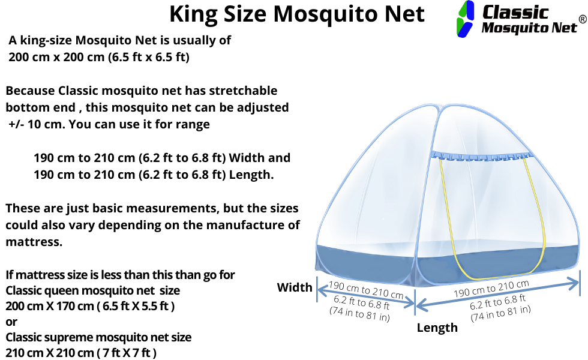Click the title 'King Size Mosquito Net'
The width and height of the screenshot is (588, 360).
pyautogui.click(x=296, y=14)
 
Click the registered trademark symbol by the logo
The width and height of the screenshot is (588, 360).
pyautogui.click(x=581, y=19)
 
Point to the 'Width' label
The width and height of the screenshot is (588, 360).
pyautogui.click(x=294, y=287)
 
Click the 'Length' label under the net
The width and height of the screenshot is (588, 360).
pyautogui.click(x=437, y=328)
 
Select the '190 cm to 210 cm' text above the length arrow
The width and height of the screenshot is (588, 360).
pyautogui.click(x=491, y=289)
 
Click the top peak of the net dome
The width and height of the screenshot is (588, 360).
pyautogui.click(x=439, y=107)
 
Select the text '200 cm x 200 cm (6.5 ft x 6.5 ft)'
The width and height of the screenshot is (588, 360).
pyautogui.click(x=99, y=58)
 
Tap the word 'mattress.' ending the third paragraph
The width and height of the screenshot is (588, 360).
pyautogui.click(x=34, y=242)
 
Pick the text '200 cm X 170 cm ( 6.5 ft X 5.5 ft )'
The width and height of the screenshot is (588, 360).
pyautogui.click(x=90, y=305)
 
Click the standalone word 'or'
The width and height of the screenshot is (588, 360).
pyautogui.click(x=11, y=322)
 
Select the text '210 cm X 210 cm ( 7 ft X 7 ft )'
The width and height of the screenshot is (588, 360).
pyautogui.click(x=81, y=353)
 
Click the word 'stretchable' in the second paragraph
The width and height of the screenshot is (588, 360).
pyautogui.click(x=243, y=91)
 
